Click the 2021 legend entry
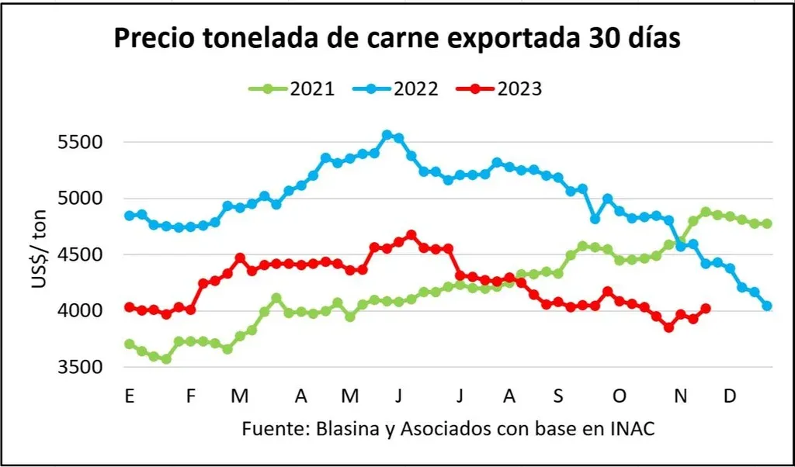tap(291, 88)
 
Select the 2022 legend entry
tap(394, 88)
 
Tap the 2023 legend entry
tap(498, 88)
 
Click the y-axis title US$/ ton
tap(40, 254)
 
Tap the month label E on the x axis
tap(129, 396)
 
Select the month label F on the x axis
tap(190, 396)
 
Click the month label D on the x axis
tap(730, 396)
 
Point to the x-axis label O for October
tap(620, 396)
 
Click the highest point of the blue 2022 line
tap(387, 136)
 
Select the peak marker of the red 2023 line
tap(411, 235)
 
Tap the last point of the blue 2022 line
tap(767, 306)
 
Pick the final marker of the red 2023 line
tap(706, 309)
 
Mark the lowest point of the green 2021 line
tap(166, 358)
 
